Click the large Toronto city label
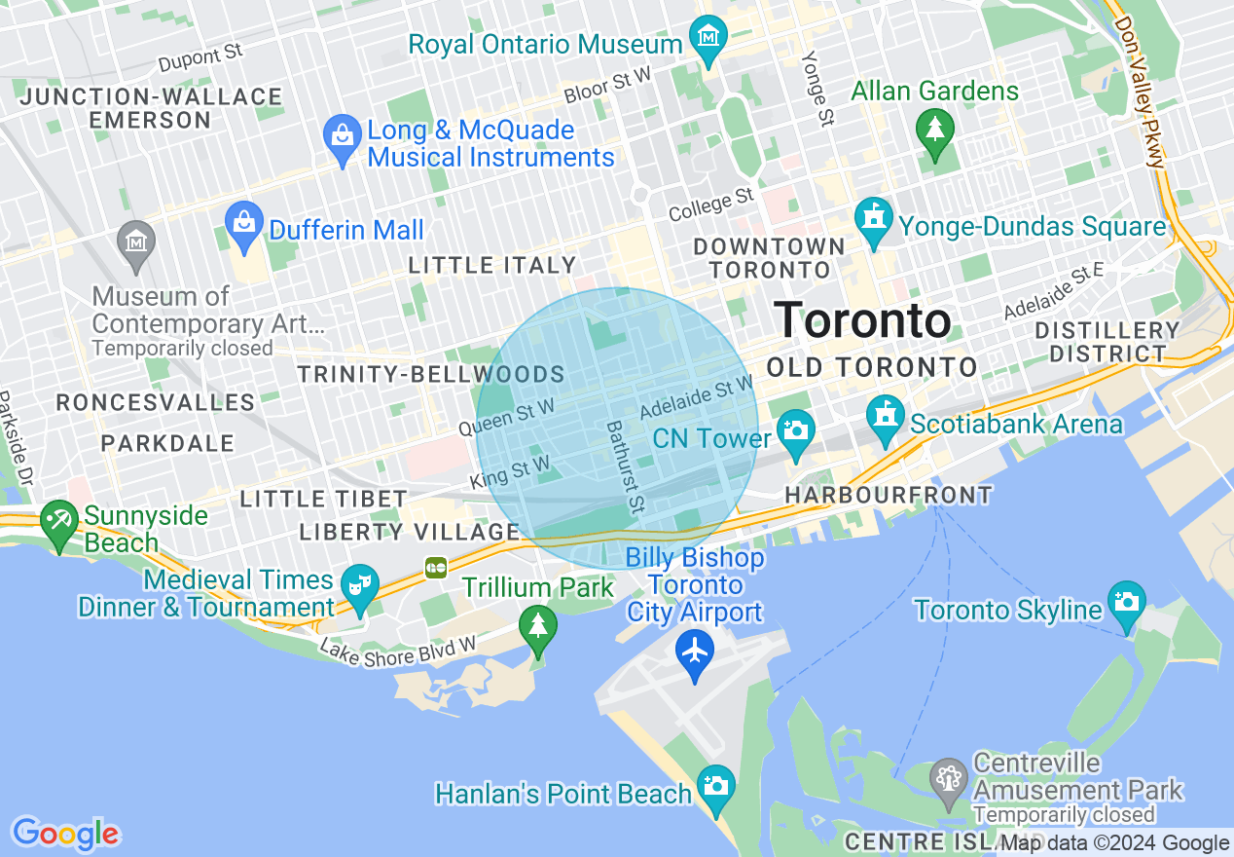click(x=861, y=320)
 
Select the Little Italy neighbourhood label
click(x=492, y=265)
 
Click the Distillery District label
click(x=1107, y=342)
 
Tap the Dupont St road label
click(x=200, y=57)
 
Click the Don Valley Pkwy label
click(x=1140, y=92)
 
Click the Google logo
click(x=65, y=834)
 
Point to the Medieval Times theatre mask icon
click(x=359, y=586)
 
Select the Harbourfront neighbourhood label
click(x=889, y=495)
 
